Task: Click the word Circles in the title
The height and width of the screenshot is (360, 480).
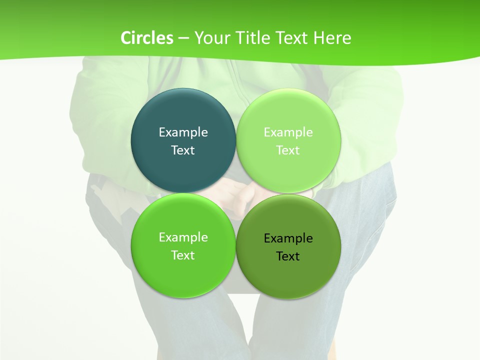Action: click(x=146, y=38)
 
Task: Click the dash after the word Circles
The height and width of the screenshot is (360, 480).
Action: click(x=183, y=38)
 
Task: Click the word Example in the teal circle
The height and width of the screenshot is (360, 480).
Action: click(x=183, y=132)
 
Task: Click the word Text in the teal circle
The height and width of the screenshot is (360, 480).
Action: click(x=183, y=150)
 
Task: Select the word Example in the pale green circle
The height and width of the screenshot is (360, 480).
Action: click(x=288, y=132)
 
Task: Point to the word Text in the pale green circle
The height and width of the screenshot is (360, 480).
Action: click(x=288, y=150)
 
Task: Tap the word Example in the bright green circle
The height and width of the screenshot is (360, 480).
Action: click(x=183, y=237)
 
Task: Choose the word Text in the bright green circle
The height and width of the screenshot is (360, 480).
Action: click(x=183, y=255)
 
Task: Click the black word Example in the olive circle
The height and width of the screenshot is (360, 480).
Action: click(x=288, y=238)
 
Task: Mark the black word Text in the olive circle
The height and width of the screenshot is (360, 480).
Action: click(x=288, y=256)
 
